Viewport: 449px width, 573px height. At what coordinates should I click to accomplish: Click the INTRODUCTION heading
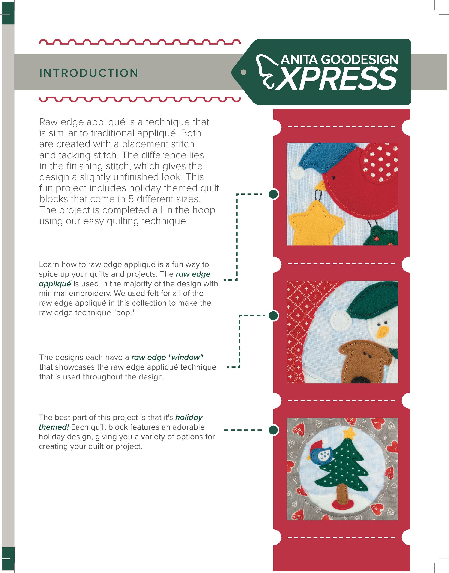coord(89,73)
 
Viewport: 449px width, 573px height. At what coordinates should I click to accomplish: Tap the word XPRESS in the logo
coord(338,78)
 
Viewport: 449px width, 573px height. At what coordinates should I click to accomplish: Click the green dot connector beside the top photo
coord(273,194)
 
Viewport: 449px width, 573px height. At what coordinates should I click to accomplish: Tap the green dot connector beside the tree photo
coord(273,430)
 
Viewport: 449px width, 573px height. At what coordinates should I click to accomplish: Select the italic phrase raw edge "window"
coord(167,357)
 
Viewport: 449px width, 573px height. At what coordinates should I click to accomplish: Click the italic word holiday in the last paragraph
coord(189,418)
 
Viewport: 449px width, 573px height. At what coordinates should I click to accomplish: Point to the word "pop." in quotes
coord(125,313)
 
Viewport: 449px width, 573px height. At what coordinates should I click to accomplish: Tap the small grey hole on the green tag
coord(244,72)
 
